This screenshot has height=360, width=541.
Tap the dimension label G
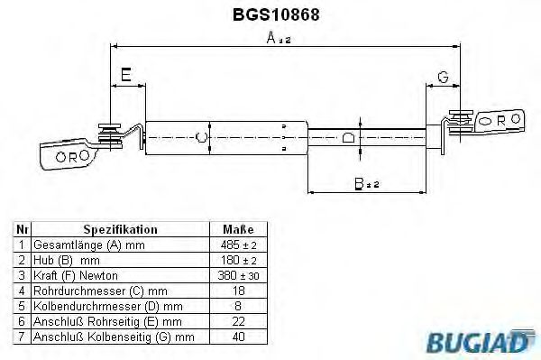click(443, 75)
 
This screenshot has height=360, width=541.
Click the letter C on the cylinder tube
click(201, 137)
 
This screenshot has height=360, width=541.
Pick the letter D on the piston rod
click(349, 137)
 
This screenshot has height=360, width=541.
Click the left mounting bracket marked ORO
click(69, 153)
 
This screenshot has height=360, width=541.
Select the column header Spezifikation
click(119, 230)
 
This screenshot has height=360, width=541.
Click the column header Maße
click(238, 230)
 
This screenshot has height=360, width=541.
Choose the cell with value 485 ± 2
click(238, 245)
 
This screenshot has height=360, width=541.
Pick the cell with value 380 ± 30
click(238, 275)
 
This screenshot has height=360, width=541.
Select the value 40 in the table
click(238, 337)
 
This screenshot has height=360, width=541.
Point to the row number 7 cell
click(22, 337)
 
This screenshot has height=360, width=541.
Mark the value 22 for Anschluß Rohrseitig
click(238, 321)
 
